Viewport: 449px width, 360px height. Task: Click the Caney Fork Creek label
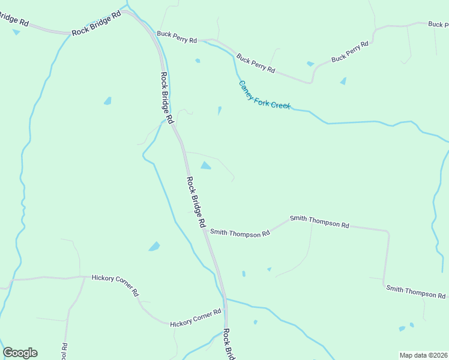pos(264,95)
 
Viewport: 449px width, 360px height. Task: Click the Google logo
pos(20,353)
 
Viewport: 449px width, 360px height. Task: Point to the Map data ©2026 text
pos(423,355)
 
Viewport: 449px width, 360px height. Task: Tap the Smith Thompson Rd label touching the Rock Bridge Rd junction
pos(240,233)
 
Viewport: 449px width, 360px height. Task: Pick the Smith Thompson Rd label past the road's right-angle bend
pos(415,292)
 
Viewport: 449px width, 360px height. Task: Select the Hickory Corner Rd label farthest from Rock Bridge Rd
pos(115,286)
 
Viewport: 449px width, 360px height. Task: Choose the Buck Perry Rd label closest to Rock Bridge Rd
pos(176,37)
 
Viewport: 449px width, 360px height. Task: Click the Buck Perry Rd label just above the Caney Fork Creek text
pos(255,64)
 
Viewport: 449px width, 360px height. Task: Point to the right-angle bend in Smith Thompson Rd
pos(388,231)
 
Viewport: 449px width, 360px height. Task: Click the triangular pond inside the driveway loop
pos(205,165)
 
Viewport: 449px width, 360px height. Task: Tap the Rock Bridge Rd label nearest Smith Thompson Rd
pos(196,202)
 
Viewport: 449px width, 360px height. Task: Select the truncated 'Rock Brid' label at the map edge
pos(228,344)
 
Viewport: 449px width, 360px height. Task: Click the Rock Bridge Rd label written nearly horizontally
pos(96,23)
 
